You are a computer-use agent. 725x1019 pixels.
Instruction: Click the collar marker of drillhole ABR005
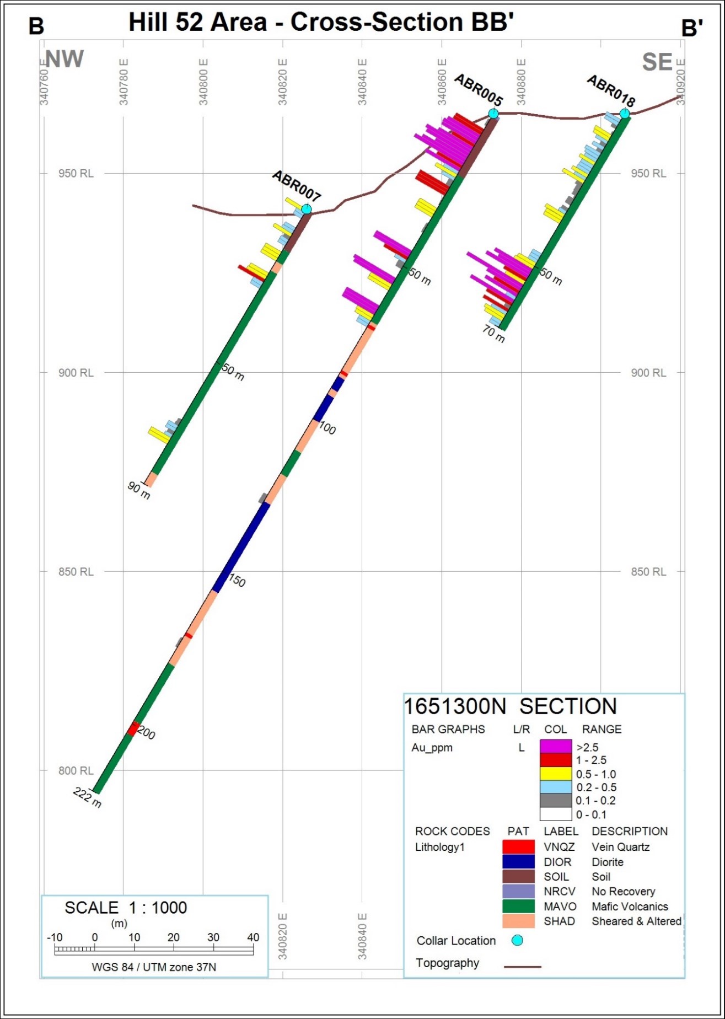493,114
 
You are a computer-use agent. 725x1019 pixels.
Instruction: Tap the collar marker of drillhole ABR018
624,114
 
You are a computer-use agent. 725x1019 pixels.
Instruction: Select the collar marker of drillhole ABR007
307,209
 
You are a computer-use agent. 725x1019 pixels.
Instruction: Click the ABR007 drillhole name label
297,186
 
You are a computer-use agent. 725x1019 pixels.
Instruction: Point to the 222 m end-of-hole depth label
88,797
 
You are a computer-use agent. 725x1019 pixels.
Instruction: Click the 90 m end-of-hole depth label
139,490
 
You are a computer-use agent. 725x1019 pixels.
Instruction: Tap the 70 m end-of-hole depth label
493,334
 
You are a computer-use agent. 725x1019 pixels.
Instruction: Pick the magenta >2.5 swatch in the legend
556,747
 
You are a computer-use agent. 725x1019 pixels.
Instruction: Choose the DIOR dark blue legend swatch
518,861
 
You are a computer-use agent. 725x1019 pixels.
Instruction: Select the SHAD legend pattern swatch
518,921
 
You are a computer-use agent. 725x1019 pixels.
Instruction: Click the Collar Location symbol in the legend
517,941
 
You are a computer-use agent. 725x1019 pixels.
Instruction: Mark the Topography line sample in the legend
523,967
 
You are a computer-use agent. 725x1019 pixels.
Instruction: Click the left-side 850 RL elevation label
76,572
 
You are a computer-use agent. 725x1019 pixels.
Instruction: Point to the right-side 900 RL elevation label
648,373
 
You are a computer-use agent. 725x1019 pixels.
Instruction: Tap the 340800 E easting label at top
203,82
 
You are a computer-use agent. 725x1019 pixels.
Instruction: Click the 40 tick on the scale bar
253,937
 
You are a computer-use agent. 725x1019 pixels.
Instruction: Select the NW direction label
65,59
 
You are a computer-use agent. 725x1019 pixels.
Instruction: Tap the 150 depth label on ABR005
237,581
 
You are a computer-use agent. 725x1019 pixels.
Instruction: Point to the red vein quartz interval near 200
133,728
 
